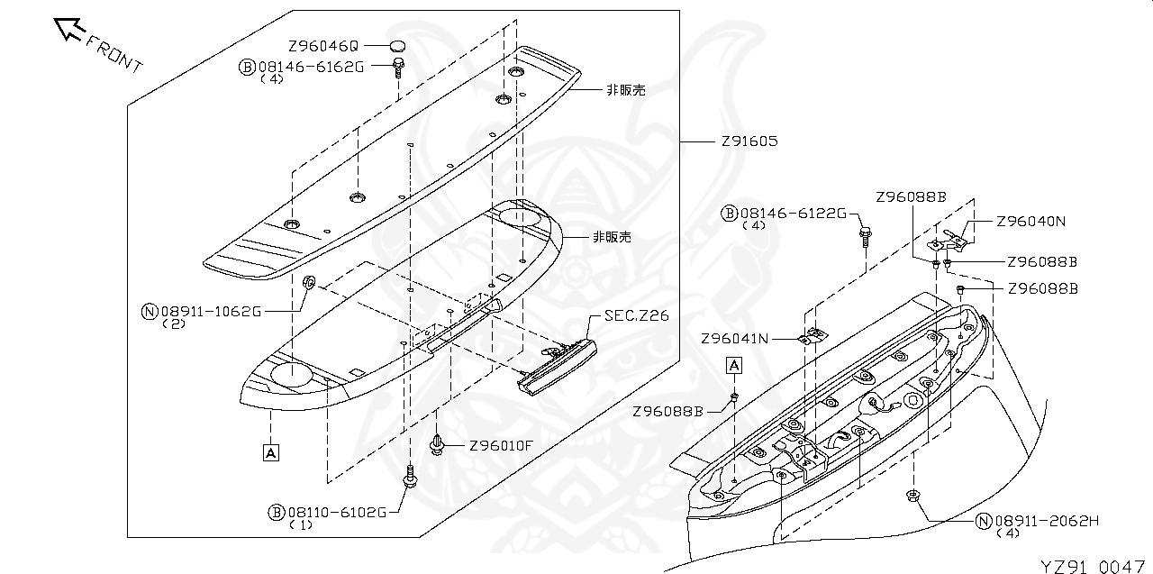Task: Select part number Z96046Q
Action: (323, 46)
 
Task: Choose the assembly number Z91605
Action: (749, 141)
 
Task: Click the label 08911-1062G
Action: (211, 312)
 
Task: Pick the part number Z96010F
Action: (501, 445)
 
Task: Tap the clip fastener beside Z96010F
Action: (438, 444)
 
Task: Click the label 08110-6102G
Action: (337, 512)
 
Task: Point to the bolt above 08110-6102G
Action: (410, 475)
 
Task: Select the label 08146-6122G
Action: (794, 213)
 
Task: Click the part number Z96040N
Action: (1030, 221)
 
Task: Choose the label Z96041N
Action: (735, 339)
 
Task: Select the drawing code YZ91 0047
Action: (1094, 565)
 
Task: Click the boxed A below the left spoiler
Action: (271, 451)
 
